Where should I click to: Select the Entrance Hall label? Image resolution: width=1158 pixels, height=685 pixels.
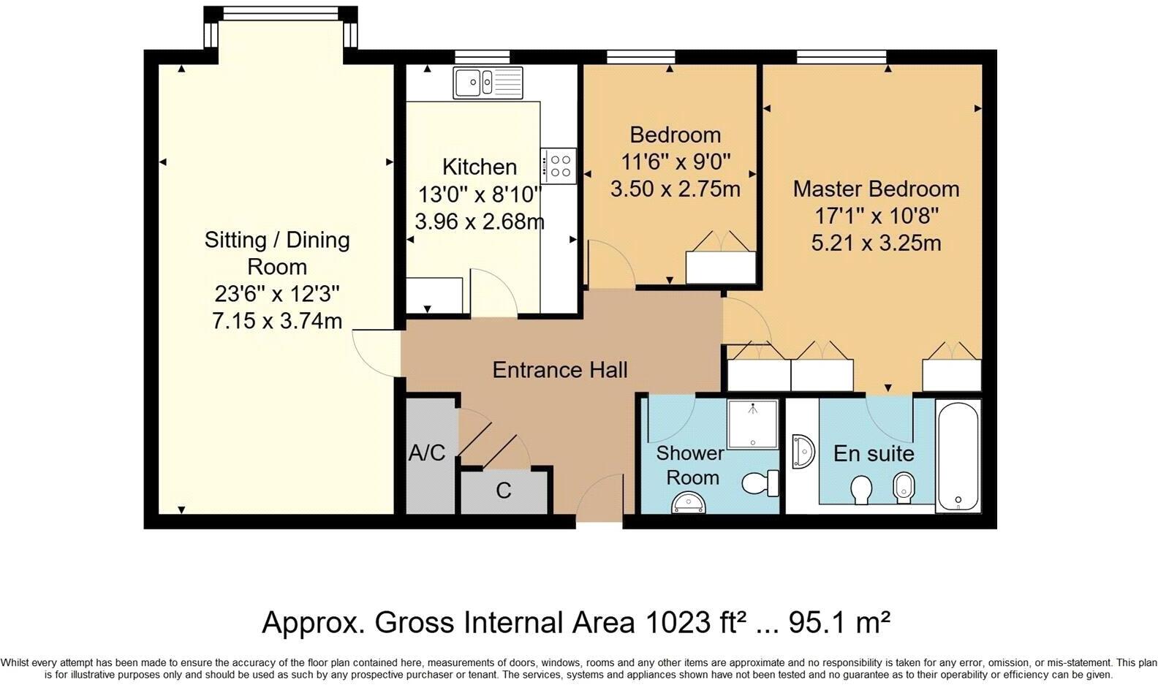pos(559,370)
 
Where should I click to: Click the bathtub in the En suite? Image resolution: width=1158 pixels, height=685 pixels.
pos(958,455)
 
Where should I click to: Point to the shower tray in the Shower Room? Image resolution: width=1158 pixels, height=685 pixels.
pos(753,424)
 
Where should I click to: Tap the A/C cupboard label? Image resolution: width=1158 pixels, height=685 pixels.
pos(426,453)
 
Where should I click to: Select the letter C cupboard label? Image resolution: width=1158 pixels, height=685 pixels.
pos(504,491)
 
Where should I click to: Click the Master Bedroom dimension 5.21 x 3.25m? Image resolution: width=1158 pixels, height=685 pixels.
pos(876,243)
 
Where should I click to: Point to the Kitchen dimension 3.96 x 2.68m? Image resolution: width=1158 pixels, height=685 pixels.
pos(480,221)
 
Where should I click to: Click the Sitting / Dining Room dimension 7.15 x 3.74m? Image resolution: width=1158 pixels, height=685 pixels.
pos(277,321)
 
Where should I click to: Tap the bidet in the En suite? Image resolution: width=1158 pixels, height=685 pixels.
pos(904,487)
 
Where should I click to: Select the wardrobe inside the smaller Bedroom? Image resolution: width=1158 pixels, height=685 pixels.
pos(720,266)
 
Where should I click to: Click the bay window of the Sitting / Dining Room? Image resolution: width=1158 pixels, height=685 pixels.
pos(280,13)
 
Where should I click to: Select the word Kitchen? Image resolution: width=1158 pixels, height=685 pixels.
pos(480,167)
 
